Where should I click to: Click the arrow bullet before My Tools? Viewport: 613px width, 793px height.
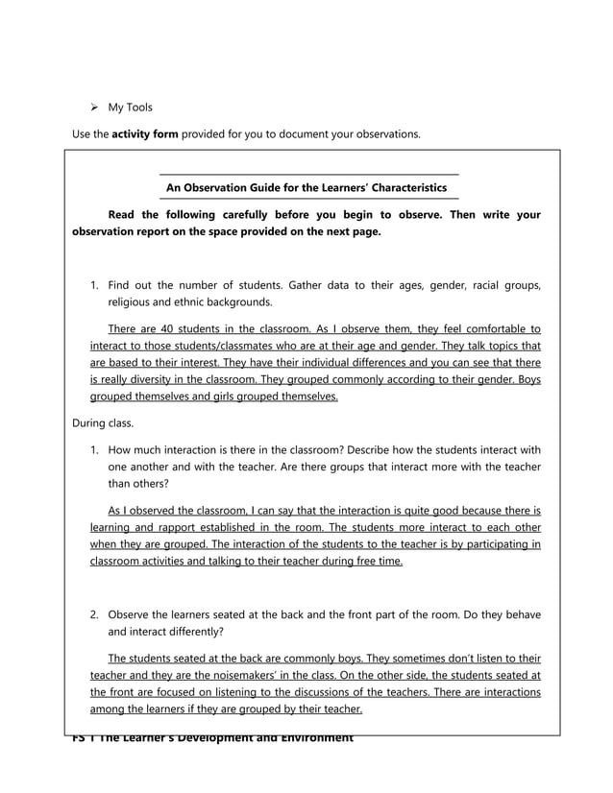(94, 107)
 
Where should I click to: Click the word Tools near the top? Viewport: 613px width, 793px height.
(137, 107)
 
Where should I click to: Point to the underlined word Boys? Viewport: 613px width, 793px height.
(525, 379)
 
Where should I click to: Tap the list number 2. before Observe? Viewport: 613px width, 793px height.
(95, 614)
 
